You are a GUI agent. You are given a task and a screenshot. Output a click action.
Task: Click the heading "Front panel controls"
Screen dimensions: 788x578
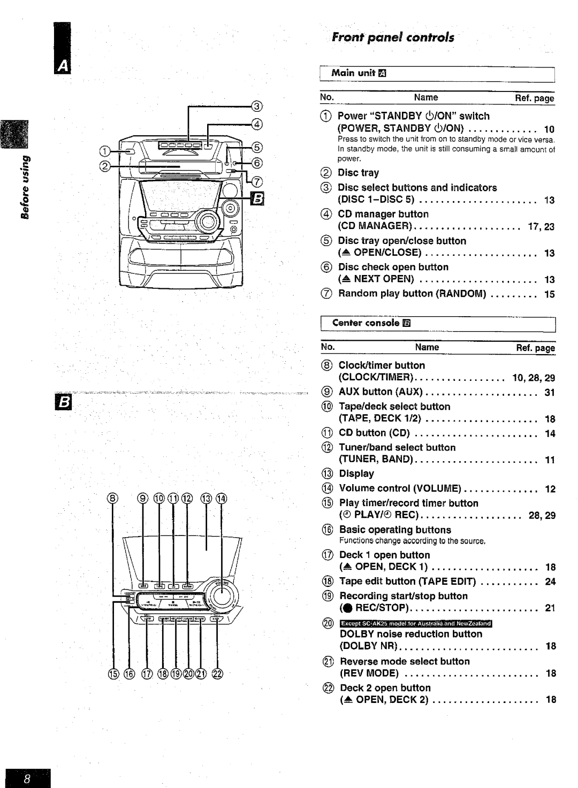(392, 37)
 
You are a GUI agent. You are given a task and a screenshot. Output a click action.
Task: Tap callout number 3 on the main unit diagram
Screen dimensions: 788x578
(257, 105)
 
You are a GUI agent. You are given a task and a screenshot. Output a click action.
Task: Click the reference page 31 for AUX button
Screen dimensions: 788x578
(550, 393)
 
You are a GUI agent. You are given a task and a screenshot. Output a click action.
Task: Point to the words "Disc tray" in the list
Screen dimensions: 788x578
(358, 173)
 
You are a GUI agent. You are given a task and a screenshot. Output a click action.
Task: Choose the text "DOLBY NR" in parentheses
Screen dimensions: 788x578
(371, 646)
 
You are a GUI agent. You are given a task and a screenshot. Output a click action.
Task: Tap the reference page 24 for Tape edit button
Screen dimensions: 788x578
(550, 582)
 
